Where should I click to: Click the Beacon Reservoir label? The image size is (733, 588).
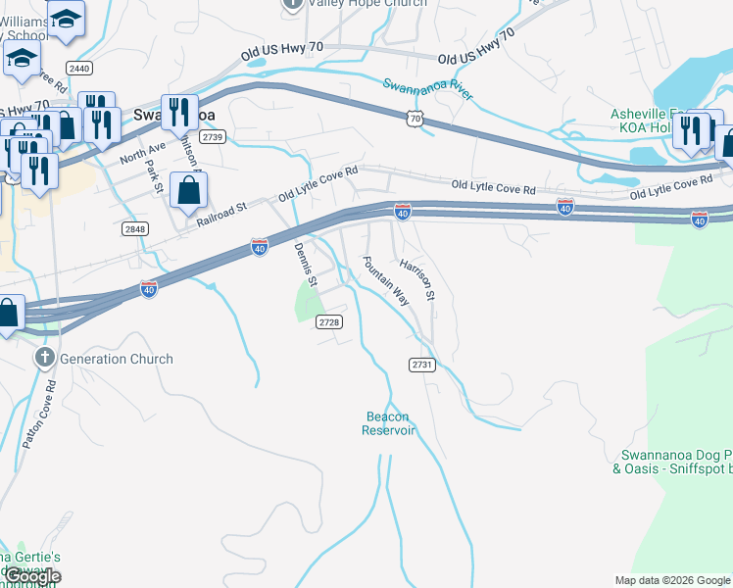point(388,423)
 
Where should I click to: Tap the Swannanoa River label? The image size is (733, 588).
point(427,90)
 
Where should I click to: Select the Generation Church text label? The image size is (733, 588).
point(116,359)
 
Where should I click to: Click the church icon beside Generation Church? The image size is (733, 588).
point(45,358)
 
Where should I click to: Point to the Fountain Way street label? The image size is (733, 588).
point(385,281)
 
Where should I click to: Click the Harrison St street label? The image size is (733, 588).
point(416,279)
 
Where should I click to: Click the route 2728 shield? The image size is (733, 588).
point(328,321)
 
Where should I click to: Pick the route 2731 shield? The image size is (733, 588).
point(421,364)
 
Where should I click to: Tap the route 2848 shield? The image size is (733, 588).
point(136,229)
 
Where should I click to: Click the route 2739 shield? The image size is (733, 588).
point(214,137)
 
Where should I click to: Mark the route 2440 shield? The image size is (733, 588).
point(80,68)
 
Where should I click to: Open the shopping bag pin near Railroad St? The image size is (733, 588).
point(187,192)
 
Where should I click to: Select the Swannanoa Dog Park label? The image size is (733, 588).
point(676,462)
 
